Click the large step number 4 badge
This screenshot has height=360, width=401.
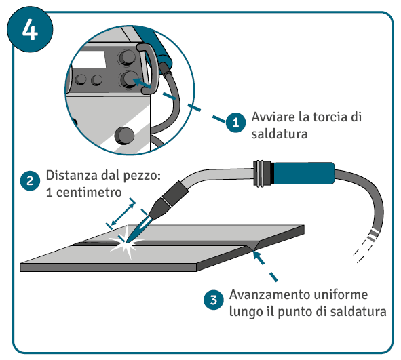pyautogui.click(x=30, y=29)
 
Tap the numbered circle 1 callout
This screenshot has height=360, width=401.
pyautogui.click(x=235, y=123)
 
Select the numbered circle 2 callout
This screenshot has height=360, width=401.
pyautogui.click(x=30, y=181)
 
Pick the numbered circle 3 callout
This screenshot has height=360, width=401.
pyautogui.click(x=214, y=300)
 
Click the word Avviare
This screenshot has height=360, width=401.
pyautogui.click(x=273, y=117)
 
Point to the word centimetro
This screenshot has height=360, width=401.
pyautogui.click(x=89, y=193)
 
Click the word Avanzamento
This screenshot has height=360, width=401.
pyautogui.click(x=269, y=295)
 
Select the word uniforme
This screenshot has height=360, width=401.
pyautogui.click(x=341, y=295)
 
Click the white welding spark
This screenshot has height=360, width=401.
pyautogui.click(x=126, y=242)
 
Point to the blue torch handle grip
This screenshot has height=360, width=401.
pyautogui.click(x=304, y=173)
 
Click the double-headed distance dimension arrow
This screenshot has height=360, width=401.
pyautogui.click(x=123, y=214)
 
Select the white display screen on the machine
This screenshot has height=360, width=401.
pyautogui.click(x=90, y=59)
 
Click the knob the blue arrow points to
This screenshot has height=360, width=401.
pyautogui.click(x=128, y=79)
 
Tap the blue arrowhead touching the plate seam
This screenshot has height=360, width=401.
pyautogui.click(x=258, y=257)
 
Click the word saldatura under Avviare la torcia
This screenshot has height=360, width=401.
pyautogui.click(x=280, y=134)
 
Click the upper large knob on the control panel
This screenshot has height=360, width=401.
pyautogui.click(x=128, y=57)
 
